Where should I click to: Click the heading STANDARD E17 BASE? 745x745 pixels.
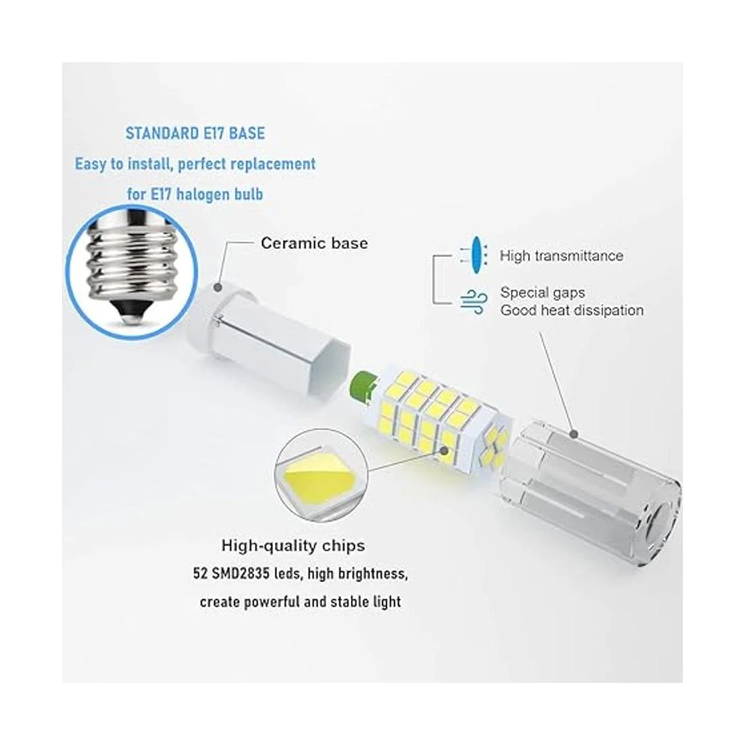(x=195, y=133)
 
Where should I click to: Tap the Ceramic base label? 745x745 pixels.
(x=314, y=243)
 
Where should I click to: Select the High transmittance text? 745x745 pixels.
(x=561, y=256)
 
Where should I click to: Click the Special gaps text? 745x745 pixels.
(x=542, y=292)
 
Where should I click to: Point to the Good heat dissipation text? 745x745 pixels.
(x=572, y=310)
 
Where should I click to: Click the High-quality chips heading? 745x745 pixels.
(x=293, y=546)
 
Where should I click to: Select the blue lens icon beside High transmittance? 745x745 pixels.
(x=477, y=255)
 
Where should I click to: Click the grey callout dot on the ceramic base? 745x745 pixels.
(x=218, y=287)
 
